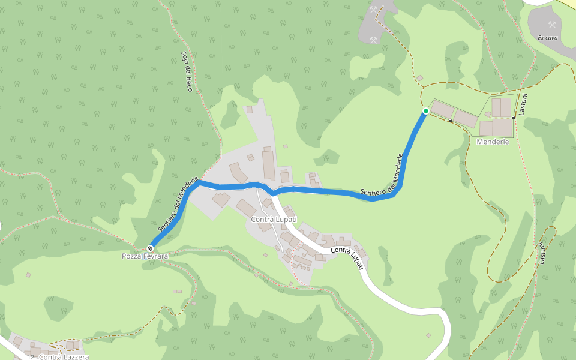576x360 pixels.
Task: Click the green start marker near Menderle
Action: point(425,111)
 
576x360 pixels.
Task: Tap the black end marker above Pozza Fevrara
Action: point(150,248)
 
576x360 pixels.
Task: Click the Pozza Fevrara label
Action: point(145,256)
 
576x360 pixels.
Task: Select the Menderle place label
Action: point(493,142)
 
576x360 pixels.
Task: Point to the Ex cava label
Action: point(548,37)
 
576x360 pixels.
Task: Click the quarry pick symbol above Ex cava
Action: point(552,25)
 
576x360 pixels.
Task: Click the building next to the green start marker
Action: point(443,110)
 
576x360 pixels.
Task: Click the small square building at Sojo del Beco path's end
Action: point(250,109)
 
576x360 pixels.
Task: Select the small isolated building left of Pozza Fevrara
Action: point(28,275)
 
